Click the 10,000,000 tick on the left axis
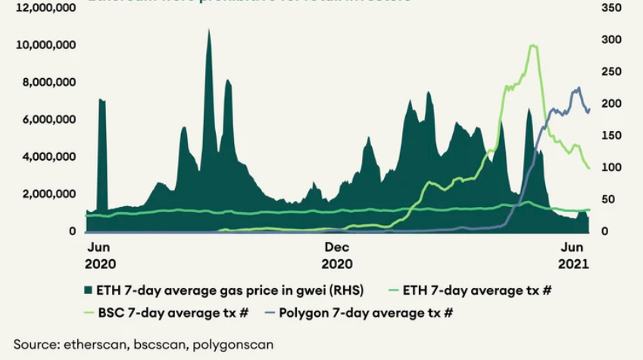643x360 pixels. [x=45, y=45]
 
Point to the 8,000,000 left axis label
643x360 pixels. [x=48, y=83]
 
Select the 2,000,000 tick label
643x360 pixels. [x=48, y=194]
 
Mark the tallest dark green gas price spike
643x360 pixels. [x=209, y=30]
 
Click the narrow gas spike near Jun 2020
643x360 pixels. [x=101, y=100]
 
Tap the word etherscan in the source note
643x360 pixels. [x=87, y=344]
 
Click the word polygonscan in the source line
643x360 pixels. [x=232, y=344]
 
